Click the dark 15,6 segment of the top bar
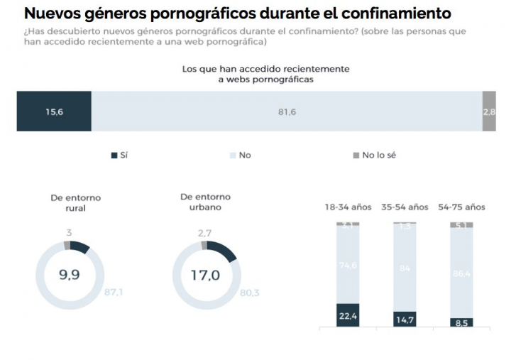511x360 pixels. point(54,111)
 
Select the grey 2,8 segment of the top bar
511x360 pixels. point(489,111)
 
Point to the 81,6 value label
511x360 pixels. point(287,111)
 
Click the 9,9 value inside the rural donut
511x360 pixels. point(69,275)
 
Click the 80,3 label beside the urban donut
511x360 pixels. point(249,292)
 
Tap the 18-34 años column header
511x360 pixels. point(348,207)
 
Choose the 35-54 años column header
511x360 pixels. point(405,207)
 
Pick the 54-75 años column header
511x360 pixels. point(461,207)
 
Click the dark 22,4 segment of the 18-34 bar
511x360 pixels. point(348,315)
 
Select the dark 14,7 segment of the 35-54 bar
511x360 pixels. point(405,319)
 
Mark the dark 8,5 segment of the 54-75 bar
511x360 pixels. point(461,322)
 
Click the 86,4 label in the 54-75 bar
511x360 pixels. point(461,273)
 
